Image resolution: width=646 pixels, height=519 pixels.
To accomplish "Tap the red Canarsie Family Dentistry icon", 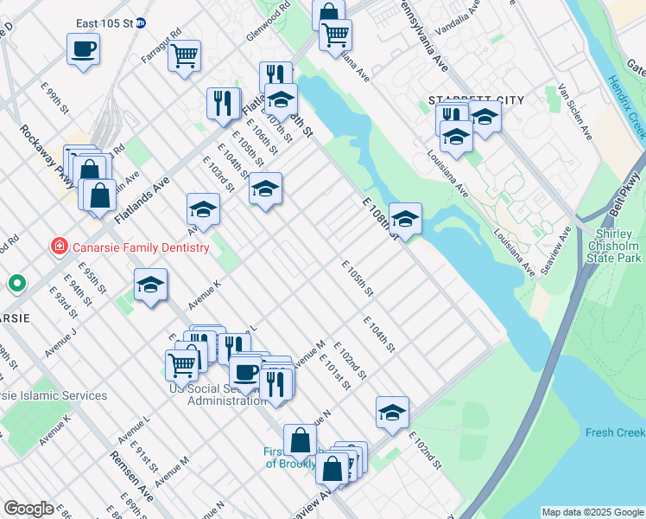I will (x=59, y=247).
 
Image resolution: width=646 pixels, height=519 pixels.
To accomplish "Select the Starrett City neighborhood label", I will (x=477, y=100).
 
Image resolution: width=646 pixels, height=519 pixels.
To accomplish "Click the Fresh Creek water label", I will (x=614, y=432).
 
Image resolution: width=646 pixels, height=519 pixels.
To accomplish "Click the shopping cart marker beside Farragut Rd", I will (x=184, y=56).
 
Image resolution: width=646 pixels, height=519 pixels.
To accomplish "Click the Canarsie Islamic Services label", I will (x=54, y=395).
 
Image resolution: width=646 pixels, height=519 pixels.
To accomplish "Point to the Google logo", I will (x=28, y=509).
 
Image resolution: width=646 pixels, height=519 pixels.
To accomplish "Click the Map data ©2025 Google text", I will (x=592, y=512).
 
